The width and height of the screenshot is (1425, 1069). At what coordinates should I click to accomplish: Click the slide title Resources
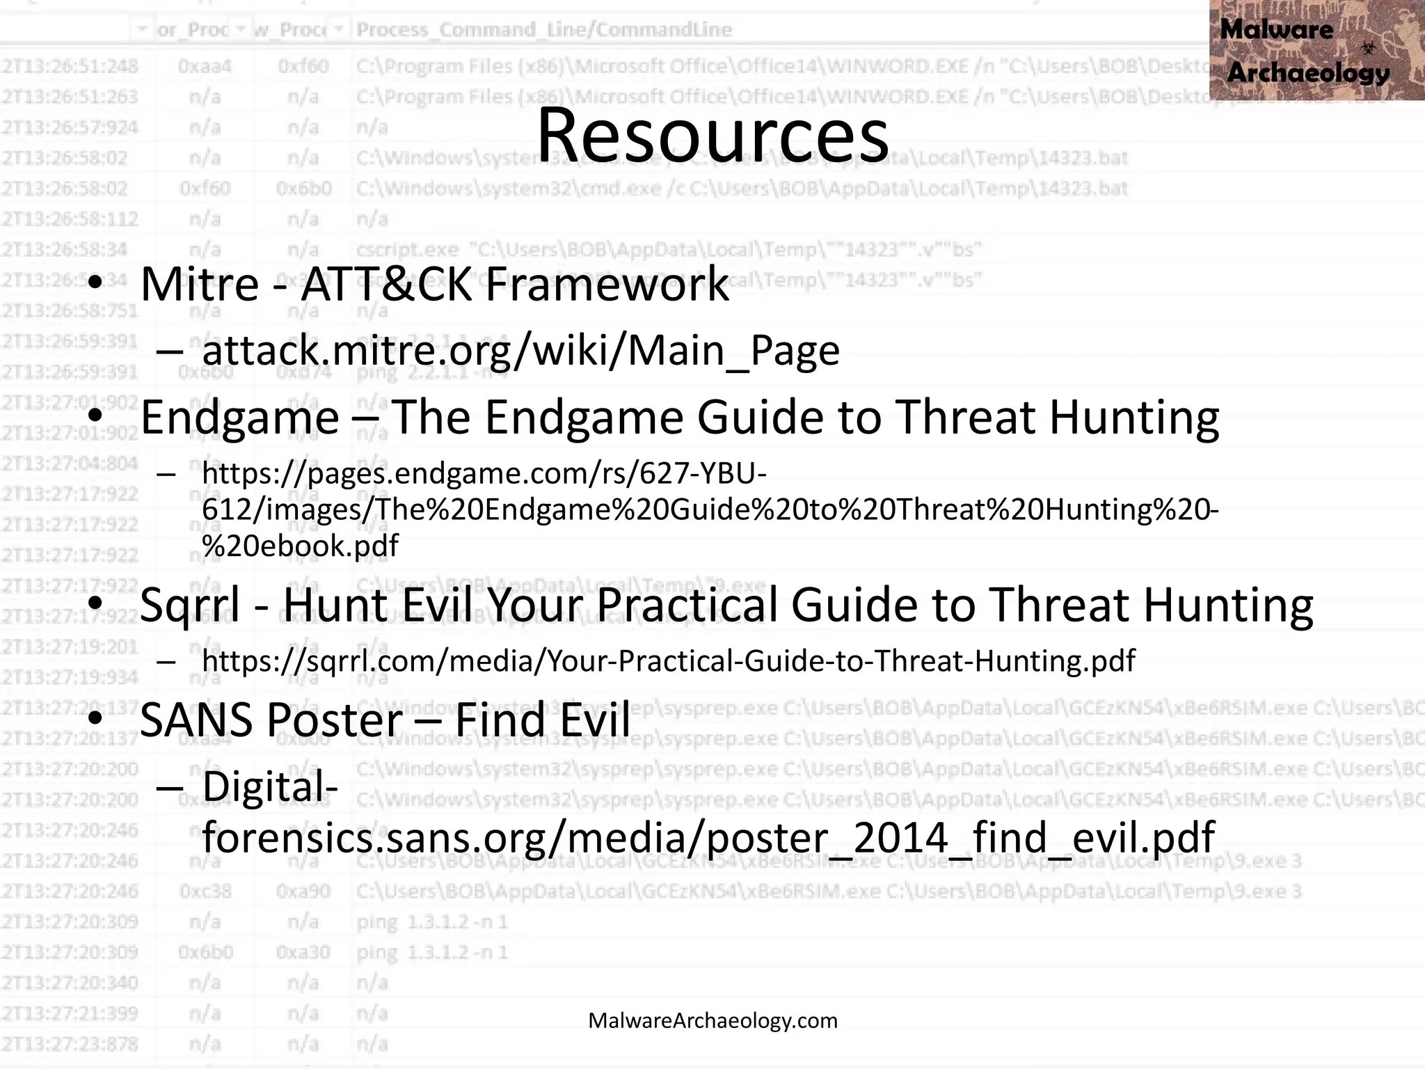pyautogui.click(x=712, y=136)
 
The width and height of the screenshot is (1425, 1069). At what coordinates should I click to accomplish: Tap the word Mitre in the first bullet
pyautogui.click(x=200, y=285)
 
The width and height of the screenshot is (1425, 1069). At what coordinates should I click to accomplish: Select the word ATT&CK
pyautogui.click(x=386, y=285)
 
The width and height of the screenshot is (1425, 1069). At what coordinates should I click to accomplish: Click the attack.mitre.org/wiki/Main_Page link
pyautogui.click(x=520, y=350)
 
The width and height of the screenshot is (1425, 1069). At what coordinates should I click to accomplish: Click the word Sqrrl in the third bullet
pyautogui.click(x=190, y=605)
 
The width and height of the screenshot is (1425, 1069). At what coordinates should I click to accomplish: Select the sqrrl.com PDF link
pyautogui.click(x=668, y=660)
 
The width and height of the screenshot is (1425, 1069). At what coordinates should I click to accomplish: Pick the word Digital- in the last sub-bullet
pyautogui.click(x=270, y=786)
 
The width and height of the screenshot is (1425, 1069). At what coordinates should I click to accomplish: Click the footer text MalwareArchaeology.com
pyautogui.click(x=712, y=1020)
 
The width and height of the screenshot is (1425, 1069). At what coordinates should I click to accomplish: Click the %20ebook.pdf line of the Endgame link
pyautogui.click(x=300, y=546)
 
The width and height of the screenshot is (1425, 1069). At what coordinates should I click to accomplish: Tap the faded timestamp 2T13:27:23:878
pyautogui.click(x=70, y=1044)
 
